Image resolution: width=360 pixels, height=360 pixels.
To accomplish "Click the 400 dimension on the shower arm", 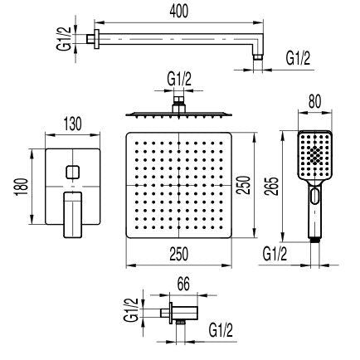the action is (179, 11).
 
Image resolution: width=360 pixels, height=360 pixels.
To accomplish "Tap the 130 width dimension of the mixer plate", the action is (73, 124).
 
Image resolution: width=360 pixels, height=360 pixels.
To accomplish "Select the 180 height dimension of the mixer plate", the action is (22, 187).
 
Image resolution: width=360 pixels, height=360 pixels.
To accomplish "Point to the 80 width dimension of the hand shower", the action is (314, 101).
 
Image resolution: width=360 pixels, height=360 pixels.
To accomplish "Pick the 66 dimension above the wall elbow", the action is (183, 285).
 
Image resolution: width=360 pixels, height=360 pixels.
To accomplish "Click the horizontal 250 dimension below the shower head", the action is (178, 254).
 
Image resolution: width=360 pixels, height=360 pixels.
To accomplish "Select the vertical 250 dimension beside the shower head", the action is (244, 185).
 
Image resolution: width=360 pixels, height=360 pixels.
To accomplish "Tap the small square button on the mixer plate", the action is (73, 172).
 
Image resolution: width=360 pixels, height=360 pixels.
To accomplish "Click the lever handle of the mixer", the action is (73, 215).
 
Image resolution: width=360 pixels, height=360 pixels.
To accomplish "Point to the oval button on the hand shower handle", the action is (314, 196).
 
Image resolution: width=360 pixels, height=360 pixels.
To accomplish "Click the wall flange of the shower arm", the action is (96, 39).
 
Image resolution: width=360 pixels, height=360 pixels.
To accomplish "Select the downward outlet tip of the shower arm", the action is (258, 57).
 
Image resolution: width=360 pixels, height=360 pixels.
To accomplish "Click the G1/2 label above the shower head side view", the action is (179, 79).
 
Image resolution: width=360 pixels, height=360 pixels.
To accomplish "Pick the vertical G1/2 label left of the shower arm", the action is (64, 39).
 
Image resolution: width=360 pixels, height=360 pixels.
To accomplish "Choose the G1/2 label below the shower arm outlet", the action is (298, 59).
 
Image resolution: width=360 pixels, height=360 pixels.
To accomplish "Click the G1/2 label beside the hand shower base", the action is (275, 254).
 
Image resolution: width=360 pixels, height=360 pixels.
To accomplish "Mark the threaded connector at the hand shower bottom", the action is (314, 241).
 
